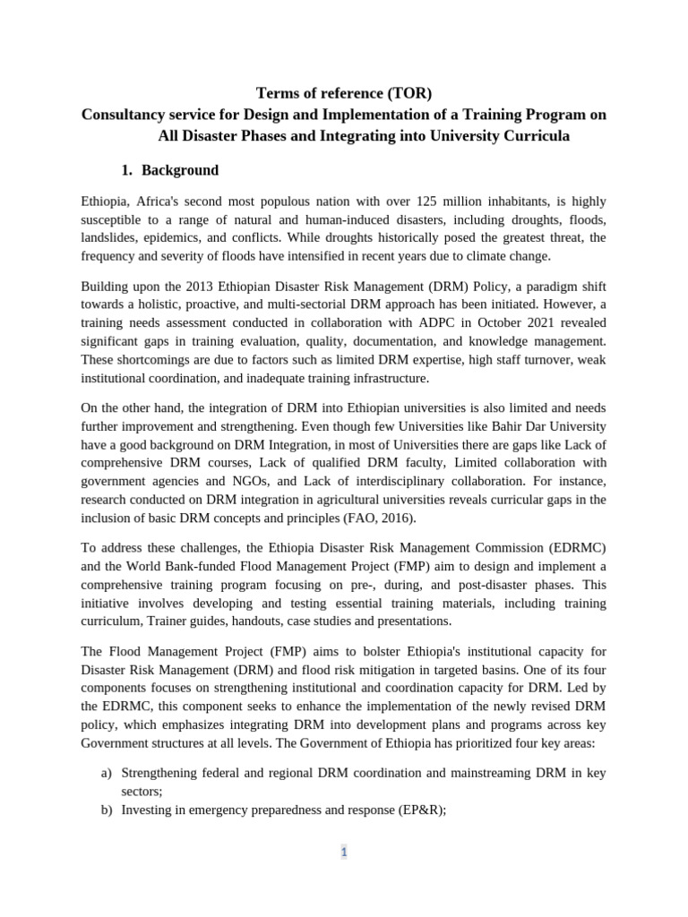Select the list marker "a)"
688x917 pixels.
[107, 773]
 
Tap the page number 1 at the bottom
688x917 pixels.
[343, 853]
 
